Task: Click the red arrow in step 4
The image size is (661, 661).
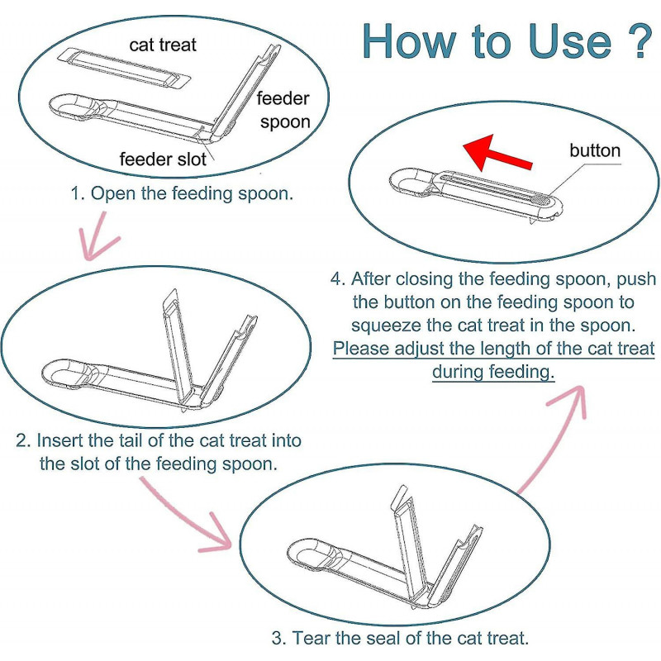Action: tap(497, 154)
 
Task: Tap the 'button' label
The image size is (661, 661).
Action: tap(595, 150)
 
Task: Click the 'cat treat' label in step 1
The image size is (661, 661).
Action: tap(163, 45)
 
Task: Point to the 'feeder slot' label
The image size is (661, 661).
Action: tap(163, 159)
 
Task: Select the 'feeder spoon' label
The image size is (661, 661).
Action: tap(283, 111)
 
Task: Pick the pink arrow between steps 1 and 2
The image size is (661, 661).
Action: tap(97, 236)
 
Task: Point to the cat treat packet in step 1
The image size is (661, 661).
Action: tap(124, 68)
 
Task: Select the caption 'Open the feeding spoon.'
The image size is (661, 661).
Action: tap(192, 193)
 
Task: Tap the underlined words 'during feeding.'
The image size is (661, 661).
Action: tap(493, 372)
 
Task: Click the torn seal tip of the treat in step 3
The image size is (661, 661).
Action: tap(399, 497)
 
